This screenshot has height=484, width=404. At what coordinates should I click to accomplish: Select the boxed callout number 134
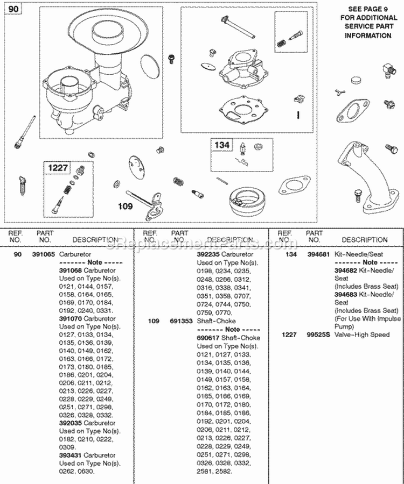pyautogui.click(x=222, y=145)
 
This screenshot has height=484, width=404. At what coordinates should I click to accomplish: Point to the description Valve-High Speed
pyautogui.click(x=362, y=334)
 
